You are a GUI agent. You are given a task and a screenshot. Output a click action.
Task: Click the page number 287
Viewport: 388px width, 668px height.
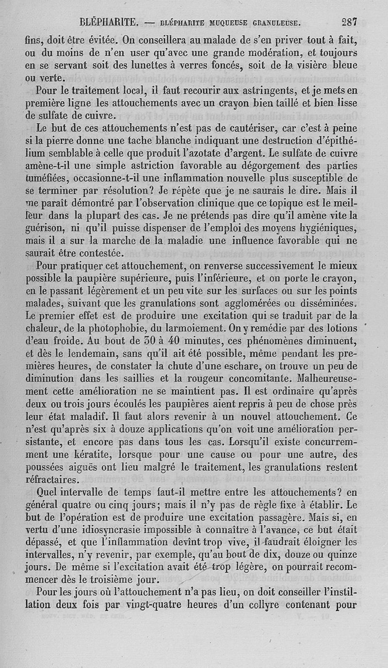click(349, 21)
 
